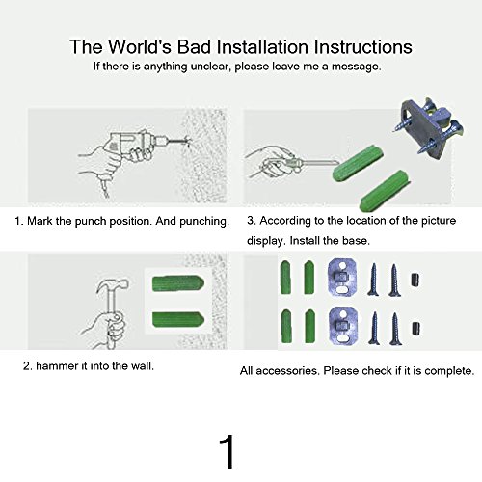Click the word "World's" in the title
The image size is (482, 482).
point(139,46)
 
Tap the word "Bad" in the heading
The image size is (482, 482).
point(194,46)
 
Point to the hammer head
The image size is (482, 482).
point(113,285)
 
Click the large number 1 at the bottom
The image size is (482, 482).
point(228,452)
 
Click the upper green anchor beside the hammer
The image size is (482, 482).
point(177,283)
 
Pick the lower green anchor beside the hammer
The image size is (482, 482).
point(177,320)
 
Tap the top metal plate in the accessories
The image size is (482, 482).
point(342,277)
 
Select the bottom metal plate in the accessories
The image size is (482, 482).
point(343,324)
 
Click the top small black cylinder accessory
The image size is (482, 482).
point(415,280)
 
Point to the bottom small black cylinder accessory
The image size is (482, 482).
point(415,329)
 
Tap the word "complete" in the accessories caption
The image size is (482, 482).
point(449,371)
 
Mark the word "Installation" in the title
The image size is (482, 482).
point(262,46)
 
